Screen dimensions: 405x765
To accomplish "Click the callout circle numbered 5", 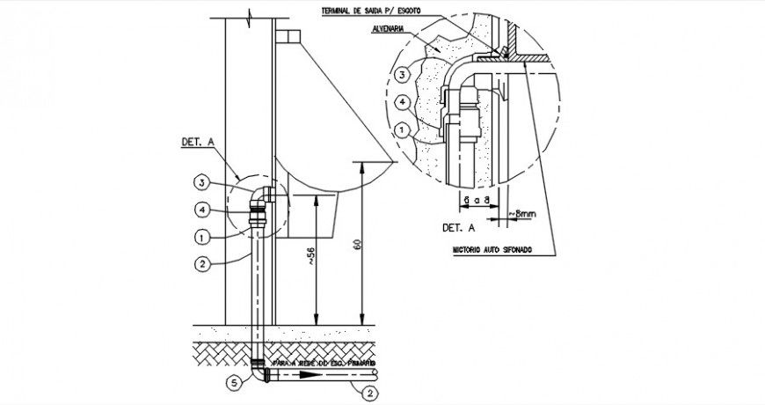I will pyautogui.click(x=233, y=382).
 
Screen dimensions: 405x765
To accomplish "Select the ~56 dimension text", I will pyautogui.click(x=309, y=257).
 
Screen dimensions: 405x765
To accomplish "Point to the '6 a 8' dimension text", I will pyautogui.click(x=476, y=201).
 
